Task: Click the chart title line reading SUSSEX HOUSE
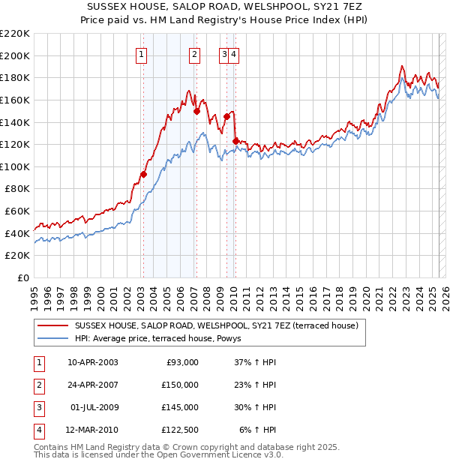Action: point(224,7)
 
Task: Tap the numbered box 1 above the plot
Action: point(142,53)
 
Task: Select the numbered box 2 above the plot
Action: point(194,53)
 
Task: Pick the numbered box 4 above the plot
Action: point(234,53)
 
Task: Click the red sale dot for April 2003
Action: point(143,174)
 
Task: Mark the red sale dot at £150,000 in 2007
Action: point(196,111)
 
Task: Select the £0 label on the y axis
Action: point(23,277)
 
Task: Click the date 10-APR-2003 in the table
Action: point(93,362)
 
